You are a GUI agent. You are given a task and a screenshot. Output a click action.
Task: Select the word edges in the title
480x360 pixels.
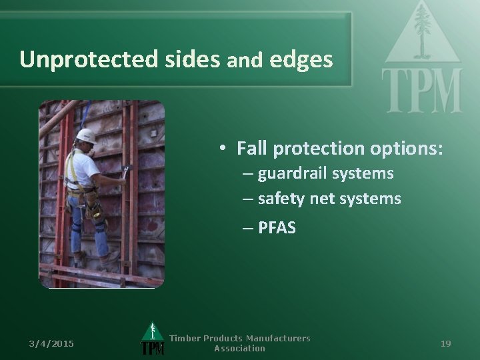tap(301, 59)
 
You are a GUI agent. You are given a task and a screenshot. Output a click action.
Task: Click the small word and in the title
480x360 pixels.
tap(246, 61)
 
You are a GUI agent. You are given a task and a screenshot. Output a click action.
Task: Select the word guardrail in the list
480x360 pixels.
tap(290, 174)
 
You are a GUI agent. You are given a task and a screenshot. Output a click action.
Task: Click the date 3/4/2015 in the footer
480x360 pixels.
tap(52, 343)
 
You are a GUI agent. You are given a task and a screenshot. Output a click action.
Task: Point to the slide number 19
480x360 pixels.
tap(446, 343)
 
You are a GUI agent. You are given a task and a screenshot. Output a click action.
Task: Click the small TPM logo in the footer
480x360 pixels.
tap(153, 340)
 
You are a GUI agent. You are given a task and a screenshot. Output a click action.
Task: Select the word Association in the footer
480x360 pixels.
tap(239, 349)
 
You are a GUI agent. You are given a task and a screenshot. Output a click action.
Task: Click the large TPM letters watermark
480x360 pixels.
tap(421, 91)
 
